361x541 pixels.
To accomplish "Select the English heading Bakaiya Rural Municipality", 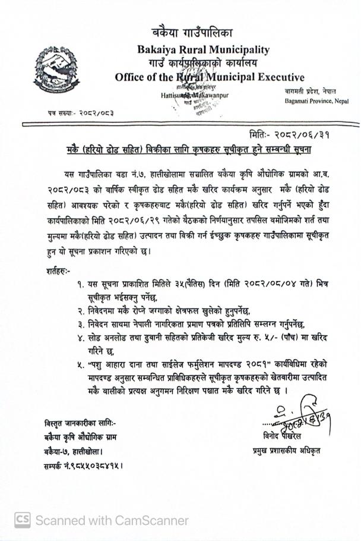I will (203, 50).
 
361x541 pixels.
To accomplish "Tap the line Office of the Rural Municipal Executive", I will (209, 77).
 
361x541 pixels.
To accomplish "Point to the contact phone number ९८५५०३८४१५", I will (99, 463).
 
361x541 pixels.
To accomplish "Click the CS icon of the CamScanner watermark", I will (22, 520).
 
